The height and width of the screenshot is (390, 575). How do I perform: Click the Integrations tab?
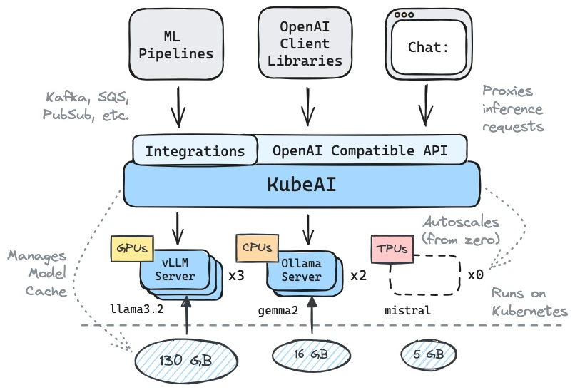click(195, 151)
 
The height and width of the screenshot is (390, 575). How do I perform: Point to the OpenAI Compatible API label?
click(360, 150)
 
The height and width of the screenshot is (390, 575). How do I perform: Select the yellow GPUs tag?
click(131, 248)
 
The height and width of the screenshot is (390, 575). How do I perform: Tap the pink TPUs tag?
click(390, 250)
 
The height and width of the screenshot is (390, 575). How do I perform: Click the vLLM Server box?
click(175, 270)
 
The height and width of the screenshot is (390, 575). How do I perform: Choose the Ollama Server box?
click(301, 270)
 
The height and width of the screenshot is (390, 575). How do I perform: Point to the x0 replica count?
click(476, 274)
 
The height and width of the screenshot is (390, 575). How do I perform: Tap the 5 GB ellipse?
click(428, 354)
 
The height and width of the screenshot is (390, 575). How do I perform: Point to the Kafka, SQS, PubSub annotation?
click(88, 105)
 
